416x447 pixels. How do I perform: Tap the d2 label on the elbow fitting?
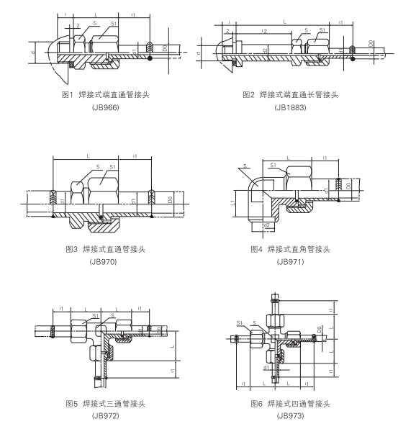point(266,225)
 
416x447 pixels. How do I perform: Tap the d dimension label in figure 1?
point(35,52)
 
